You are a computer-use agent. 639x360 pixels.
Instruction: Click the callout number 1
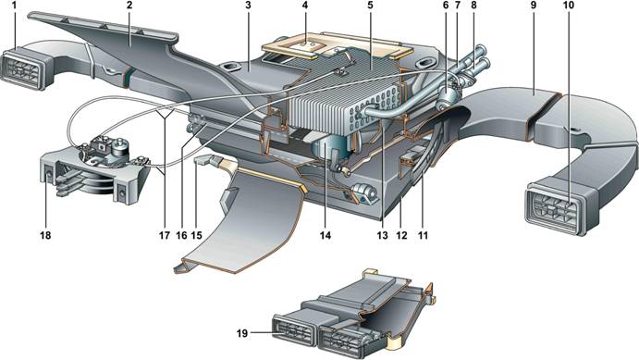coord(15,6)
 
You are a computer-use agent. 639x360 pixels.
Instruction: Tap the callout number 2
coord(129,6)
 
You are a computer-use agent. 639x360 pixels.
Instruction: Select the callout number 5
coord(370,6)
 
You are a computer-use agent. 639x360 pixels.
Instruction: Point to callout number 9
coord(533,6)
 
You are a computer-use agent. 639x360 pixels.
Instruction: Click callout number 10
coord(569,6)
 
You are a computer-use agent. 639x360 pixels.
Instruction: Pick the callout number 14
coord(326,235)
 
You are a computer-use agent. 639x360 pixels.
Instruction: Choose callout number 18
coord(45,235)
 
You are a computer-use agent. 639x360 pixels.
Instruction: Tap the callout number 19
coord(242,333)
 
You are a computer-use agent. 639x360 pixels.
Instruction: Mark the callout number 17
coord(164,235)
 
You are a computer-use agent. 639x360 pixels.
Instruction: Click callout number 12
coord(401,235)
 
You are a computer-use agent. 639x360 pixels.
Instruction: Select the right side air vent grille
coord(557,209)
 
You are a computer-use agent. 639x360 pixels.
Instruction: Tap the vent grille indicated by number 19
coord(294,331)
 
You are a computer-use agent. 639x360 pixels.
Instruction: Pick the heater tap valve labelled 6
coord(448,97)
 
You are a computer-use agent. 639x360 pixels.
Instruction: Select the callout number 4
coord(305,6)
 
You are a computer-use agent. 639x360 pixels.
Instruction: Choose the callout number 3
coord(248,6)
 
